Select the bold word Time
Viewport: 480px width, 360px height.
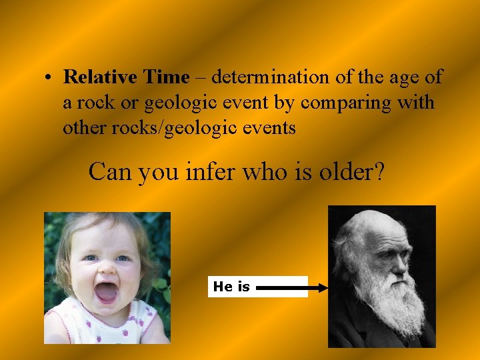pos(166,77)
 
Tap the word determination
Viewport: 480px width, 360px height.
pos(270,77)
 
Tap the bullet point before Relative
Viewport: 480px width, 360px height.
pos(49,78)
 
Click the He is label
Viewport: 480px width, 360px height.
pos(231,287)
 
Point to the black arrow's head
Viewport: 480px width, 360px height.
pos(323,288)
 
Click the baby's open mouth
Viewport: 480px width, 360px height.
pos(107,291)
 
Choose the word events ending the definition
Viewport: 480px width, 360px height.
pos(270,128)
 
